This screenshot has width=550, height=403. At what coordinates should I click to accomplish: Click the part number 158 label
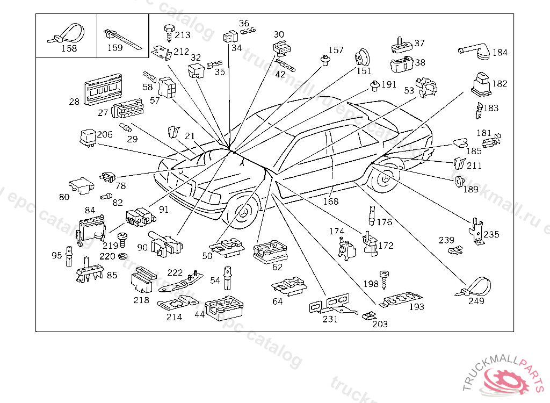(69, 48)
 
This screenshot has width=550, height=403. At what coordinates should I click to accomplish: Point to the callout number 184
(500, 53)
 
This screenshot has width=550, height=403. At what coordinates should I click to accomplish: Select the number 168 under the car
(331, 201)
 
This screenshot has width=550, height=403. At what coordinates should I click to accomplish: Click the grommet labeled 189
(459, 182)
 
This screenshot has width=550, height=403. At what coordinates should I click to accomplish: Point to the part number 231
(330, 319)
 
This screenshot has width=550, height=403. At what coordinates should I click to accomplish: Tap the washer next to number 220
(124, 256)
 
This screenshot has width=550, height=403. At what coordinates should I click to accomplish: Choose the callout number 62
(277, 267)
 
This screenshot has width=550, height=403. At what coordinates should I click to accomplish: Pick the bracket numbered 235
(475, 230)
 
